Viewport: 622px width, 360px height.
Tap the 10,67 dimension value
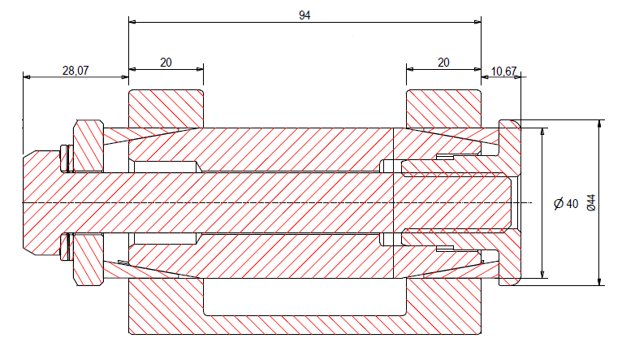point(504,72)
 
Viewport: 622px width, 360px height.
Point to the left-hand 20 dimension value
point(166,62)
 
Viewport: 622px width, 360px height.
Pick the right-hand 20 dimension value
point(443,62)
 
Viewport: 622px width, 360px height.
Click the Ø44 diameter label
point(590,202)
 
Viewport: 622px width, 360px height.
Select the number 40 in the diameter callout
point(572,203)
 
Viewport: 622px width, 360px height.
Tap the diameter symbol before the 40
point(558,203)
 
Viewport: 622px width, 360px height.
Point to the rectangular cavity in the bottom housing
point(305,297)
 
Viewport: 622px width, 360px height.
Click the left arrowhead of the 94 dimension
point(133,22)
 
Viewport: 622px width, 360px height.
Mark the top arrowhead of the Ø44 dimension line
point(600,124)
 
